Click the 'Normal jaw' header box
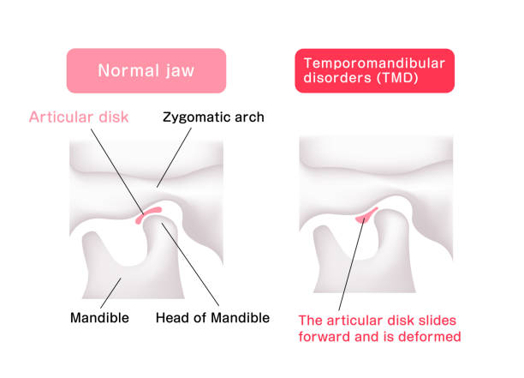click(146, 70)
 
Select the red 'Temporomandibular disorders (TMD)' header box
click(374, 70)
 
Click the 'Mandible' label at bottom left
click(99, 318)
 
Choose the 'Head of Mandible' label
click(212, 318)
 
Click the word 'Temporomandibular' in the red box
click(374, 62)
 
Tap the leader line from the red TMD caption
click(351, 266)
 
